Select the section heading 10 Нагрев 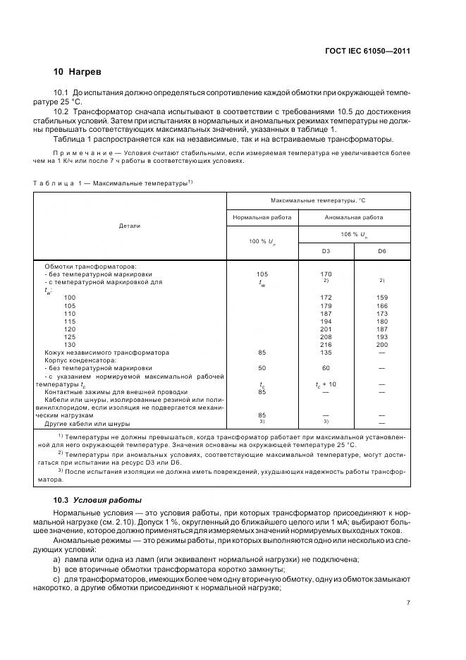(x=78, y=72)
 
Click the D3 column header (x=325, y=251)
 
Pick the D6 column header (x=381, y=251)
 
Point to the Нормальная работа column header (x=262, y=218)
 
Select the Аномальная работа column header (x=353, y=218)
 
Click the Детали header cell (x=130, y=226)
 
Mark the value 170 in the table (x=326, y=274)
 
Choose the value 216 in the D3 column (x=326, y=344)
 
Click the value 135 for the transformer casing (x=326, y=352)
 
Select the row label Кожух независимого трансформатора (x=106, y=352)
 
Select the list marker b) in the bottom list (x=58, y=568)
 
